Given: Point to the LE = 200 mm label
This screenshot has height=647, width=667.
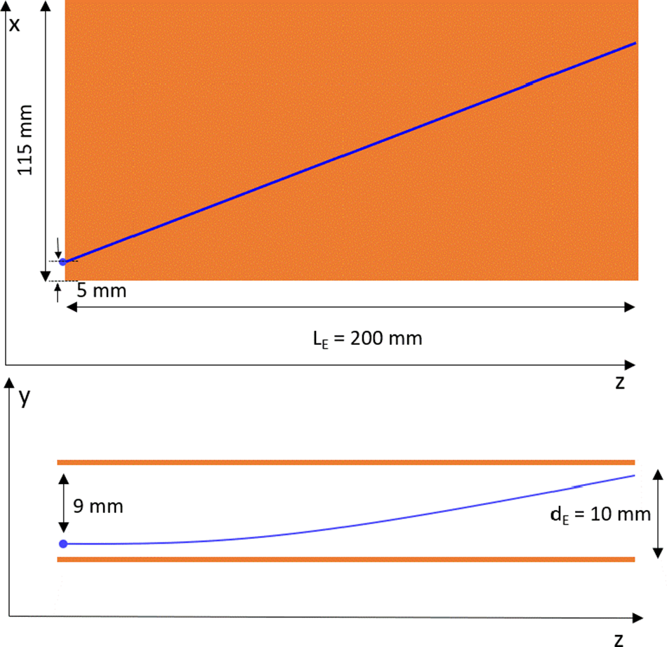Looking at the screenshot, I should [367, 339].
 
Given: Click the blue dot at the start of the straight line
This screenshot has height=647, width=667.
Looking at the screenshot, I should [62, 262].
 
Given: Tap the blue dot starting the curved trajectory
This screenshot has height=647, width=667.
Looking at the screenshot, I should [62, 544].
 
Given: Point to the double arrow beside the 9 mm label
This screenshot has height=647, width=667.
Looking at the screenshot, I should [63, 504].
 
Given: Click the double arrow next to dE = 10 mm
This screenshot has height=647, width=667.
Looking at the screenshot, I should [657, 514].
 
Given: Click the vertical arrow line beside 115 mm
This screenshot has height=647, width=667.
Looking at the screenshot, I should [45, 140].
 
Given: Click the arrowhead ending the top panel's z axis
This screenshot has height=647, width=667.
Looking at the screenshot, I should [631, 365].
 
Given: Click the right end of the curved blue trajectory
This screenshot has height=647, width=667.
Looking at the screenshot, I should [633, 476].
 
